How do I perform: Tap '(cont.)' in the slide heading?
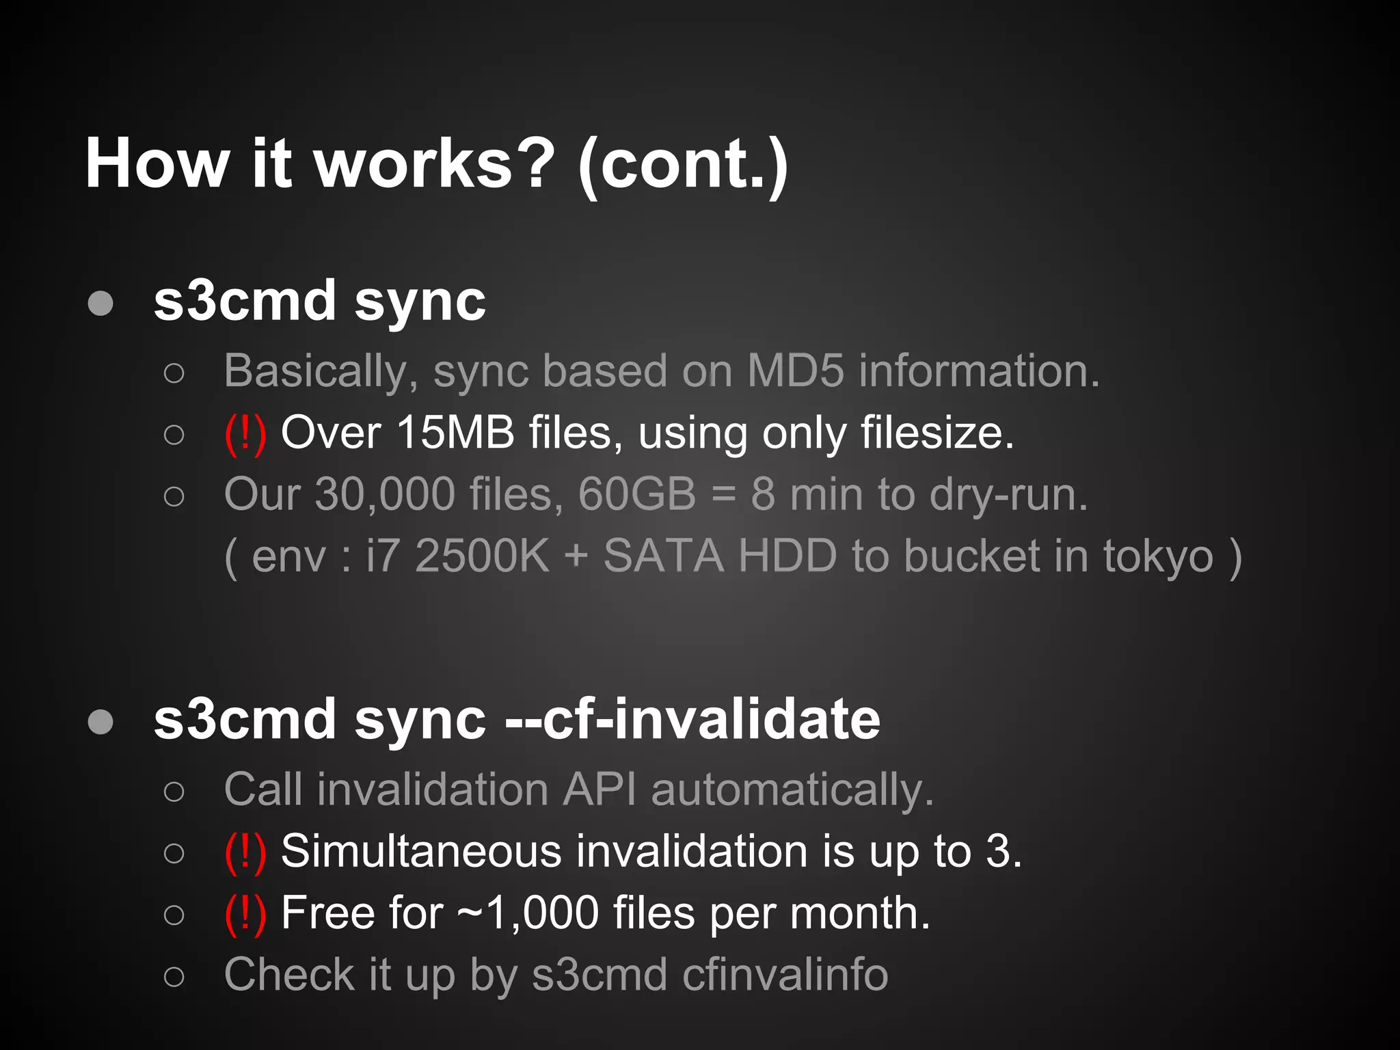pyautogui.click(x=683, y=165)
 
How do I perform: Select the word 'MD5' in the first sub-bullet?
pyautogui.click(x=795, y=371)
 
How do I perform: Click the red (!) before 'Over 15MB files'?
pyautogui.click(x=245, y=433)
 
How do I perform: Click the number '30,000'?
pyautogui.click(x=384, y=494)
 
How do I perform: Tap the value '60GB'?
pyautogui.click(x=636, y=494)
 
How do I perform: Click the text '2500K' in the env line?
pyautogui.click(x=482, y=556)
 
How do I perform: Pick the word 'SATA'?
pyautogui.click(x=663, y=556)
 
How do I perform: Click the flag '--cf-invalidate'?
pyautogui.click(x=692, y=719)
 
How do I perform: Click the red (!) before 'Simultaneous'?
pyautogui.click(x=245, y=852)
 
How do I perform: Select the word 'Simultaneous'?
pyautogui.click(x=422, y=852)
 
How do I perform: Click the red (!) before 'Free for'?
pyautogui.click(x=245, y=913)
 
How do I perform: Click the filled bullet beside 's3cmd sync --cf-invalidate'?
pyautogui.click(x=100, y=721)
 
